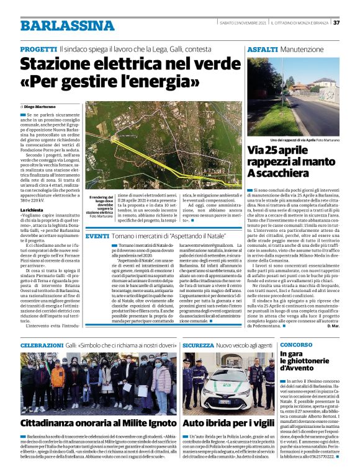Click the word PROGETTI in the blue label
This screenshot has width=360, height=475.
pyautogui.click(x=38, y=48)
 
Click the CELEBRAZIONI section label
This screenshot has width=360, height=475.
pyautogui.click(x=42, y=344)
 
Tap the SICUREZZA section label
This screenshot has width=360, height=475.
pyautogui.click(x=198, y=344)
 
